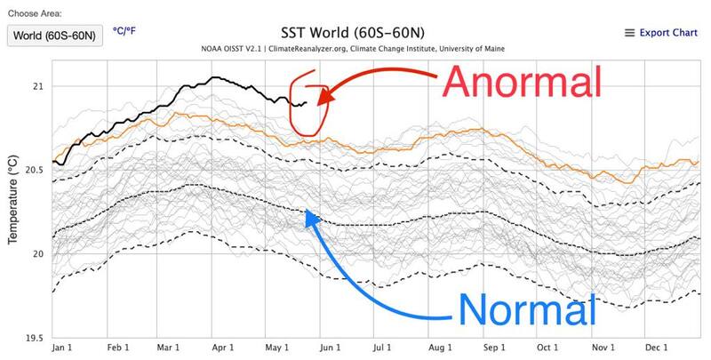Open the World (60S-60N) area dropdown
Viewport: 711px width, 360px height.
coord(55,36)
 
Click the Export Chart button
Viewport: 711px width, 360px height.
coord(661,33)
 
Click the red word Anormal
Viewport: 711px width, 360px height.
coord(523,83)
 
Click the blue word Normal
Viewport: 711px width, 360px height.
coord(525,310)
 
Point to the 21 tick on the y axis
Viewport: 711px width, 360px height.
coord(36,86)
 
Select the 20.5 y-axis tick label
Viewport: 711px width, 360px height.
coord(31,170)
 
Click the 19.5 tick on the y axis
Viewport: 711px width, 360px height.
coord(31,338)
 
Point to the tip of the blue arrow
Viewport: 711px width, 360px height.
coord(306,211)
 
